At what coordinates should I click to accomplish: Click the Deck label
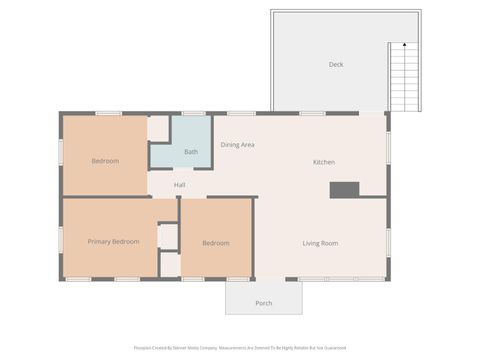pos(336,65)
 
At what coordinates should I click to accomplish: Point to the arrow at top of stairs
pos(402,45)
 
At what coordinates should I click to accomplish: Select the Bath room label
pos(190,152)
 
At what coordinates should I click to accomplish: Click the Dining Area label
pos(237,145)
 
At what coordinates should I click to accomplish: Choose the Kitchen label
pos(324,162)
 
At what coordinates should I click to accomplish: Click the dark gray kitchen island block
pos(344,189)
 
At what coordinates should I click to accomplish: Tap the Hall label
pos(179,185)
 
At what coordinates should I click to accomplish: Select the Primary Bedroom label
pos(113,241)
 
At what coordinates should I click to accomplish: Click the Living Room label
pos(320,243)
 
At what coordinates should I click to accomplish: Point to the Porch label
pos(263,303)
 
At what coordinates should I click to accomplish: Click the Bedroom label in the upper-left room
pos(105,161)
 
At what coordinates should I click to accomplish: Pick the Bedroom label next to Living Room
pos(215,243)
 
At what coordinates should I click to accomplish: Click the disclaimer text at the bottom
pos(240,348)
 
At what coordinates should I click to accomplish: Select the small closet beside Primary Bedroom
pos(168,236)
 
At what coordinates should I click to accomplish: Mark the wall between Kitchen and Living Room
pos(320,197)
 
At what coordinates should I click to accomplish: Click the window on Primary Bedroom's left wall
pos(62,240)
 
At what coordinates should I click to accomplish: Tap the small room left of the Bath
pos(158,129)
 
